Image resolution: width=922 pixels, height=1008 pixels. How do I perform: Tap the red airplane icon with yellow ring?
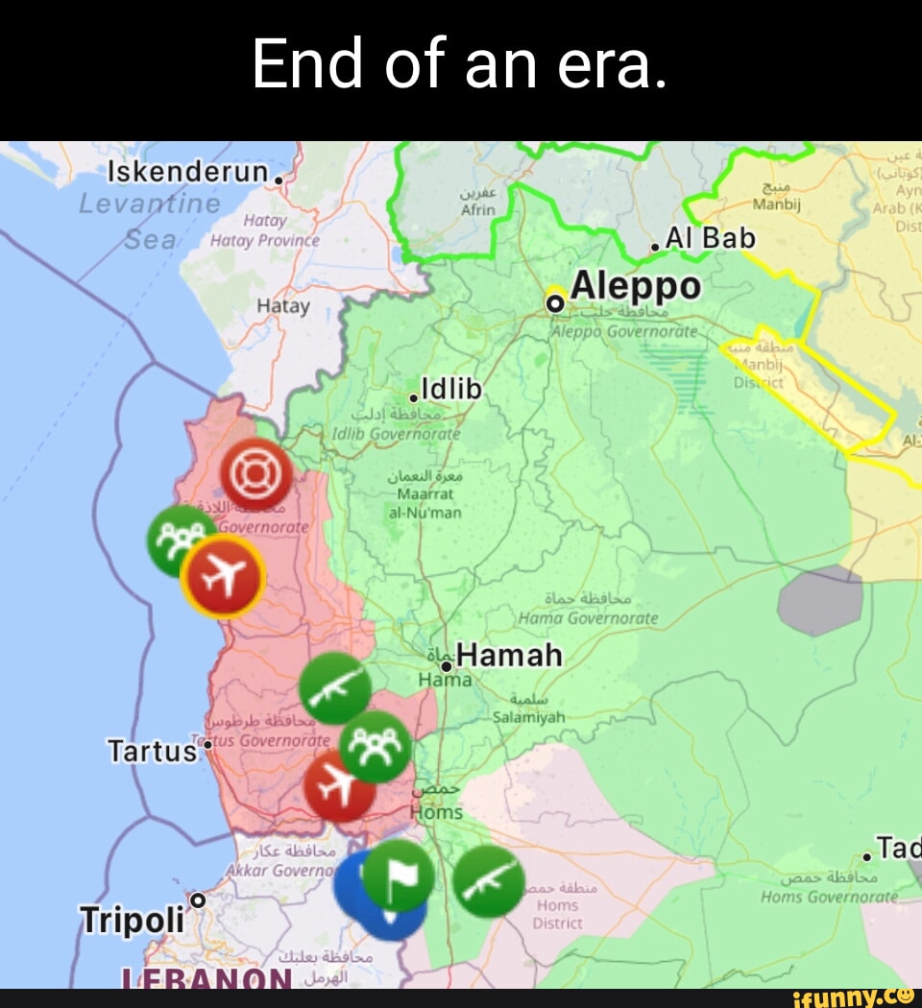[x=223, y=576]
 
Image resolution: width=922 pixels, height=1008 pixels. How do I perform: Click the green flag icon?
[x=398, y=876]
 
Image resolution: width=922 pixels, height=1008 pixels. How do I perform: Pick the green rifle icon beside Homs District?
[x=489, y=881]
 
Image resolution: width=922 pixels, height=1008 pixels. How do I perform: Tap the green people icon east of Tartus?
[x=376, y=746]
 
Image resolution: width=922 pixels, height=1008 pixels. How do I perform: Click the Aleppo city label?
[x=636, y=287]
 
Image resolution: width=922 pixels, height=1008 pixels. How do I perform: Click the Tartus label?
[x=152, y=750]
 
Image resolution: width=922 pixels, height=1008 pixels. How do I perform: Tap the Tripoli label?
[x=131, y=920]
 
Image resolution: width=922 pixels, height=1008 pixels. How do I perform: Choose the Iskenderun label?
[x=187, y=173]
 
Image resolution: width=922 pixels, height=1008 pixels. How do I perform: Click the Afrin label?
[x=477, y=209]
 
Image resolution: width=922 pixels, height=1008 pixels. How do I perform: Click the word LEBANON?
[x=206, y=979]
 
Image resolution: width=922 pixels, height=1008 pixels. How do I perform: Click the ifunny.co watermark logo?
[x=851, y=997]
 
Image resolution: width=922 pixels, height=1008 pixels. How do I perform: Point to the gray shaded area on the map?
[x=819, y=601]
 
